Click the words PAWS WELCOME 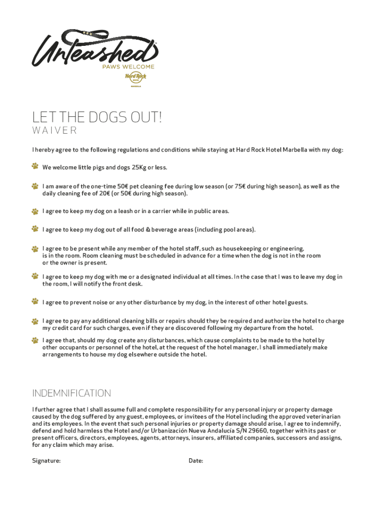click(x=128, y=67)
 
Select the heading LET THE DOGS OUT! click(x=97, y=118)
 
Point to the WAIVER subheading click(x=55, y=131)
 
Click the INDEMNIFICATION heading click(x=72, y=393)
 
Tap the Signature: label click(x=46, y=461)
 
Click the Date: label click(x=196, y=461)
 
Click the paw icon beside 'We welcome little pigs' click(x=35, y=167)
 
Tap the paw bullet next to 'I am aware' click(x=35, y=186)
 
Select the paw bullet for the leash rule click(x=35, y=211)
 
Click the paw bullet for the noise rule click(x=35, y=301)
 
